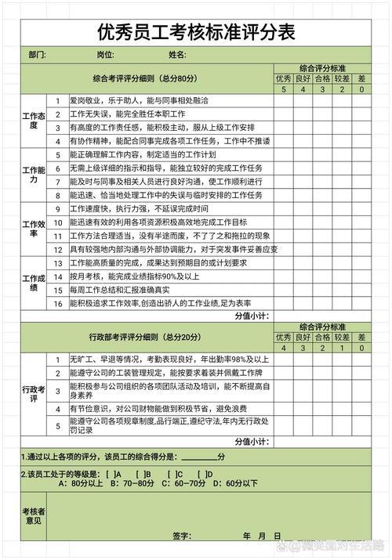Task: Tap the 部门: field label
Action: coord(37,55)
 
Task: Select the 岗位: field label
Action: coord(105,55)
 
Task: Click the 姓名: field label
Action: coord(176,55)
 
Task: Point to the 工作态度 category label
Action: coord(34,121)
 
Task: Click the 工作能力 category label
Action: coord(34,175)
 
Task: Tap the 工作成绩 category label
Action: coord(34,282)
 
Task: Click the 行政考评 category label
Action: coord(34,394)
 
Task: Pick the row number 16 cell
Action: coord(57,302)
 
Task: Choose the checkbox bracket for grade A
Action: coord(111,474)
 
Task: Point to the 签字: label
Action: coord(183,537)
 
